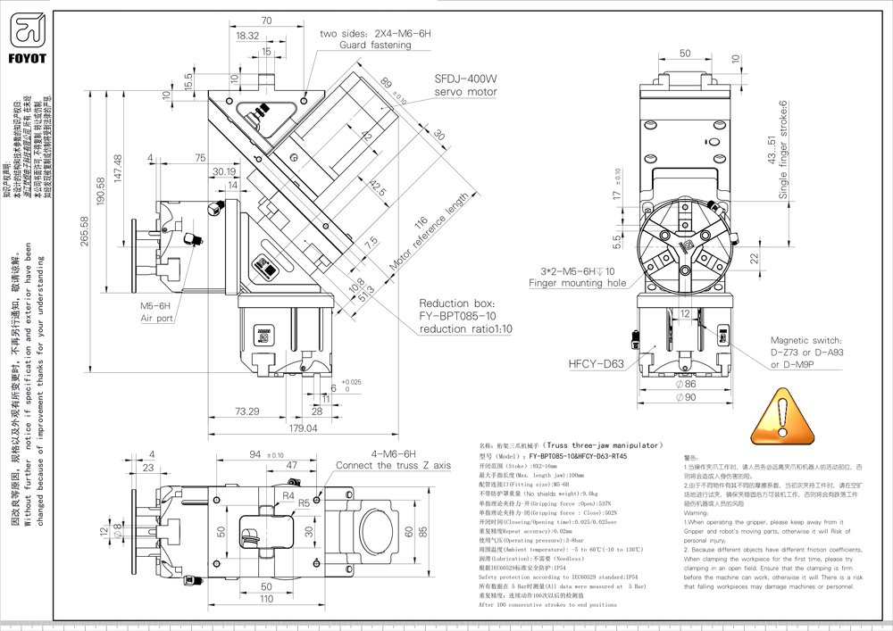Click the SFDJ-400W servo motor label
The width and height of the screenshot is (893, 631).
[465, 85]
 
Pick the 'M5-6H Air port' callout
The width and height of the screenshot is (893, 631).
[156, 311]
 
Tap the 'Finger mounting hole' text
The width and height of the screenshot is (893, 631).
[578, 283]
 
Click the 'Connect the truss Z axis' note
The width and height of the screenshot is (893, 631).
[393, 466]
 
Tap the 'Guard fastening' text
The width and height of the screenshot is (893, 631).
[375, 45]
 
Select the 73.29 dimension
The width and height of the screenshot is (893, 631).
[246, 411]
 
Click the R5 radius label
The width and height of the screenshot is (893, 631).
[305, 503]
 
